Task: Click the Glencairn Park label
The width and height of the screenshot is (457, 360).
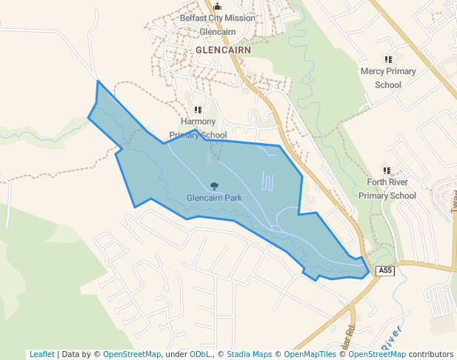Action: point(214,199)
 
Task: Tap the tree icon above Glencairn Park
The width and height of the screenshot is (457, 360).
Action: point(214,187)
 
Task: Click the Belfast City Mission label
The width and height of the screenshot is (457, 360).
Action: point(218,19)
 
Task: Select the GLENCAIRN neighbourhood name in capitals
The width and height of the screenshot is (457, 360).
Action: point(224,50)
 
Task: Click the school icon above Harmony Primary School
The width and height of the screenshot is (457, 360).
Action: point(198,110)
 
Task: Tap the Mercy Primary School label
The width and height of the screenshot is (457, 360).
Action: point(388,78)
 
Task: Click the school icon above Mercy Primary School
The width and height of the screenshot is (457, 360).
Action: point(387,59)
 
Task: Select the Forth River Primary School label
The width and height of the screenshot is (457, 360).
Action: point(387,189)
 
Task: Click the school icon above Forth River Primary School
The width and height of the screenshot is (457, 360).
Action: point(387,170)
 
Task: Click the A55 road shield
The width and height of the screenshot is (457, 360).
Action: point(384,271)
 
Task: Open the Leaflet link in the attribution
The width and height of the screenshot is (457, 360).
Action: point(42,354)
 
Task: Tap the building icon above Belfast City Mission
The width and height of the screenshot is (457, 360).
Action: point(217,7)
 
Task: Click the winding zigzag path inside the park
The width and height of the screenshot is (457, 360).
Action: point(268,181)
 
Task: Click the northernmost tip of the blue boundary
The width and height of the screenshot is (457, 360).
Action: point(98,81)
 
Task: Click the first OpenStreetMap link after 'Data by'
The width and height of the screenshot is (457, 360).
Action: point(132,354)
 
